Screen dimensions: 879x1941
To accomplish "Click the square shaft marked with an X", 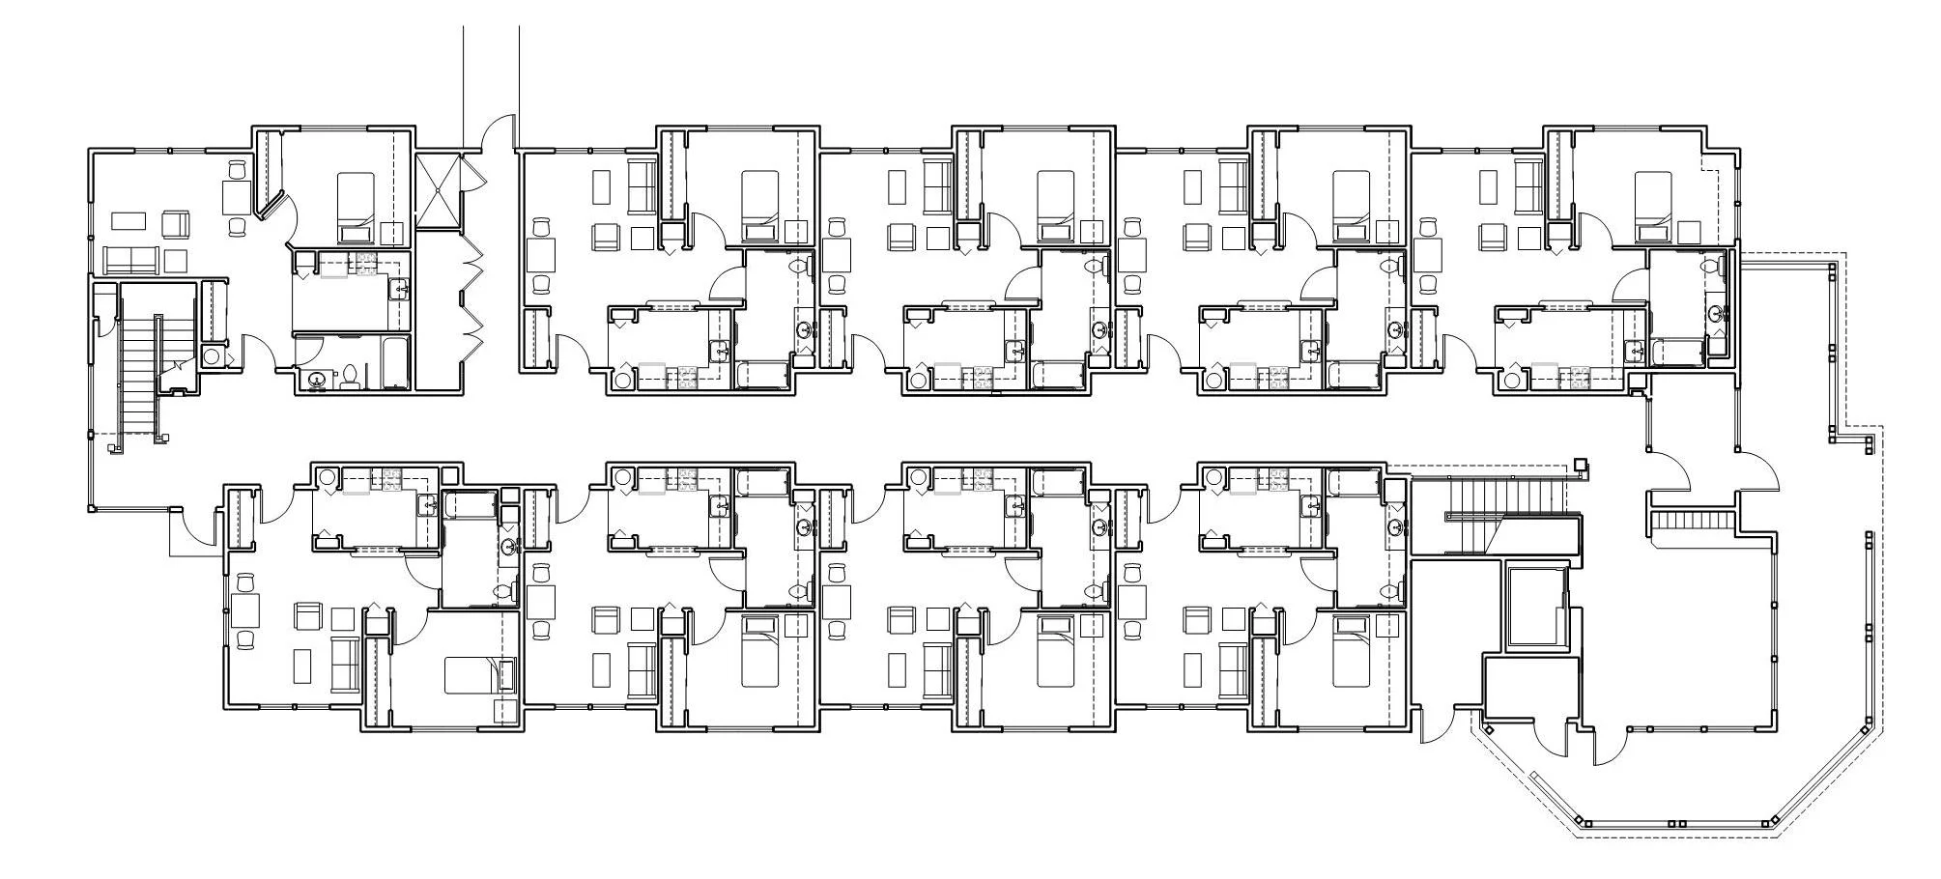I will click(x=440, y=189).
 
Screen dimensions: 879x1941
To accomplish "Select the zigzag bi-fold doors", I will click(x=473, y=297).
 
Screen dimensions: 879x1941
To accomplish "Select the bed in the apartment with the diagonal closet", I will click(x=355, y=206).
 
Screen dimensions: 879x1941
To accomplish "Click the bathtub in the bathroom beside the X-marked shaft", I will click(x=395, y=362).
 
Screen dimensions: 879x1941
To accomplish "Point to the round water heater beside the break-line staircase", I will click(x=212, y=356).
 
